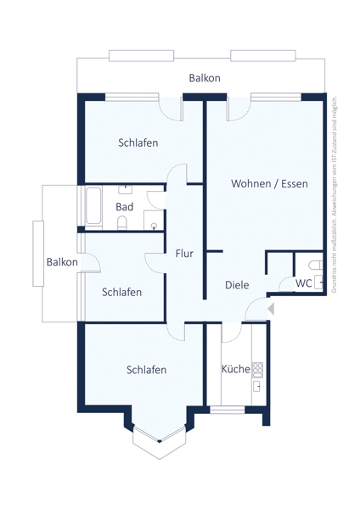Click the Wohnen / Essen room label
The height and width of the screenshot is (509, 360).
tap(269, 183)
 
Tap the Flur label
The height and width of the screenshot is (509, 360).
tap(184, 253)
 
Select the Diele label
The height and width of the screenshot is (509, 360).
tap(237, 285)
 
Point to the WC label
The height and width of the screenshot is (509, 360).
tap(303, 283)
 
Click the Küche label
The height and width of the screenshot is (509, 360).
tap(235, 370)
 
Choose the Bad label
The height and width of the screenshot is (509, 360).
tap(125, 207)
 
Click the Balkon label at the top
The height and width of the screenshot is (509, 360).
tap(205, 78)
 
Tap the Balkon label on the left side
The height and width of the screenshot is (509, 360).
tap(62, 262)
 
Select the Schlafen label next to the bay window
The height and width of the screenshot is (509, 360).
tap(146, 370)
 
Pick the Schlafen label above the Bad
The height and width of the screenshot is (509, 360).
tap(138, 143)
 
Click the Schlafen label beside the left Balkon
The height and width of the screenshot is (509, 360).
tap(121, 292)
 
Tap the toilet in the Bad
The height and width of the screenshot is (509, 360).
tap(121, 222)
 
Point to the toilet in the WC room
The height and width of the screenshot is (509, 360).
tap(319, 283)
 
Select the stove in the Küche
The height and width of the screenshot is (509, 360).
tap(258, 368)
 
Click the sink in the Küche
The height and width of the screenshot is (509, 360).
tap(257, 387)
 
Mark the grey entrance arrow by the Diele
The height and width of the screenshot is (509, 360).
tap(271, 310)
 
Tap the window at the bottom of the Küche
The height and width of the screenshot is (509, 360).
tap(227, 411)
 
